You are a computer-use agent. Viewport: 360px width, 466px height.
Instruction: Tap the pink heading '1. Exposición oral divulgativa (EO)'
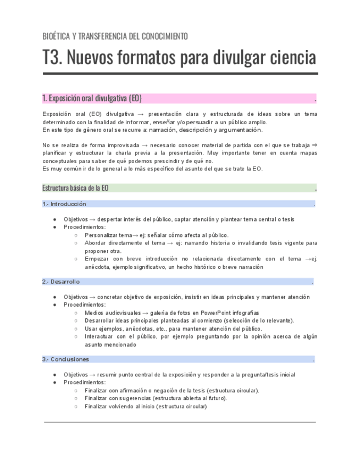92,99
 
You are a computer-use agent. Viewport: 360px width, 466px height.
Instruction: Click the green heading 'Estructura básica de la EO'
75,188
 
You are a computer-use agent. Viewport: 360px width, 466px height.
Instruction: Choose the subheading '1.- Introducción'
64,204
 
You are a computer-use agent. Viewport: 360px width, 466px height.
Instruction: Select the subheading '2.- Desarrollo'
61,282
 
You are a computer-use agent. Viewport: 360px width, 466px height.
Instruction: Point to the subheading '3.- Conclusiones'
65,359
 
